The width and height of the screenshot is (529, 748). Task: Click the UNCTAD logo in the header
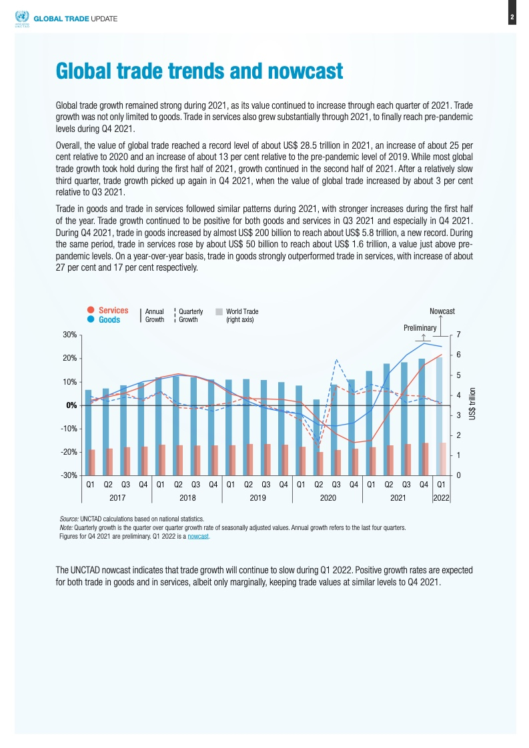[22, 19]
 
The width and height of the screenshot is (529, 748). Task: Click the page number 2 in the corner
[512, 18]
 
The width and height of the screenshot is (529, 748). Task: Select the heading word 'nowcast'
[305, 71]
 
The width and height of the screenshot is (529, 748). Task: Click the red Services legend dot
[91, 310]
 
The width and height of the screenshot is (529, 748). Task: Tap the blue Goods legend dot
[91, 319]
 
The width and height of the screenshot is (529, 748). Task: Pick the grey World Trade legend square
[219, 311]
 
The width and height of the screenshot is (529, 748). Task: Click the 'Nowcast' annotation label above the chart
[442, 311]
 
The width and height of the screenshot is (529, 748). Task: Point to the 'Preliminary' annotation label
[420, 328]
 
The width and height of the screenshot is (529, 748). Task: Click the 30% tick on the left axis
[69, 335]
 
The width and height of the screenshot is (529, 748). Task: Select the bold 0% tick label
[71, 405]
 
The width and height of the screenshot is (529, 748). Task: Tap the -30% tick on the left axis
[69, 475]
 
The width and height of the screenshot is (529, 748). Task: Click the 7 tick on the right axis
[458, 335]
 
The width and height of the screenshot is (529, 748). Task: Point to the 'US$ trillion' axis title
[472, 404]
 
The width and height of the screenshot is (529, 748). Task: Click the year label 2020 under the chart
[328, 497]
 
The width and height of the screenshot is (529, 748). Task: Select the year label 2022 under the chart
[441, 497]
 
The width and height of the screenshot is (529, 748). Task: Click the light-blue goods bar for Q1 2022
[439, 416]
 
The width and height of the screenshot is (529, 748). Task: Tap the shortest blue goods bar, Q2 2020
[316, 437]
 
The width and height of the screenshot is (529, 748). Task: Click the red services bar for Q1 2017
[92, 462]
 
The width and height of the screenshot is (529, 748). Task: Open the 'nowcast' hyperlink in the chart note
[198, 536]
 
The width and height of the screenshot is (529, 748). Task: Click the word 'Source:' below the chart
[69, 519]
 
